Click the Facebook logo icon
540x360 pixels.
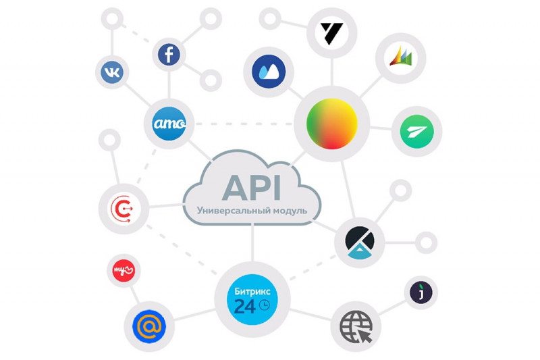169,55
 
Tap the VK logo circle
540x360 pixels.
112,72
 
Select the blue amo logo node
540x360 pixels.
169,124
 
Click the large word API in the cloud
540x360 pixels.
252,188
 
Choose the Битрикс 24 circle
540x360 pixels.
252,299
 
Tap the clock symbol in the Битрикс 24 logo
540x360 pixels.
264,305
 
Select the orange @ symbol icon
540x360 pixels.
149,326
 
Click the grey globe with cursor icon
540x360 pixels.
356,327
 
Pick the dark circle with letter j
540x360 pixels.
421,292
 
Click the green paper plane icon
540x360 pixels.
416,131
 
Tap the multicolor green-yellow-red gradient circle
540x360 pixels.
331,124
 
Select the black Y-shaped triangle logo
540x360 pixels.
331,33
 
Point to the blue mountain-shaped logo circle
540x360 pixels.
269,72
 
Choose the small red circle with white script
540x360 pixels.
124,270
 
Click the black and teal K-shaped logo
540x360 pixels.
360,242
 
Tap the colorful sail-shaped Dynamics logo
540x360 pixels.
400,57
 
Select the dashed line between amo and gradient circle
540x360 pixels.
244,124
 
